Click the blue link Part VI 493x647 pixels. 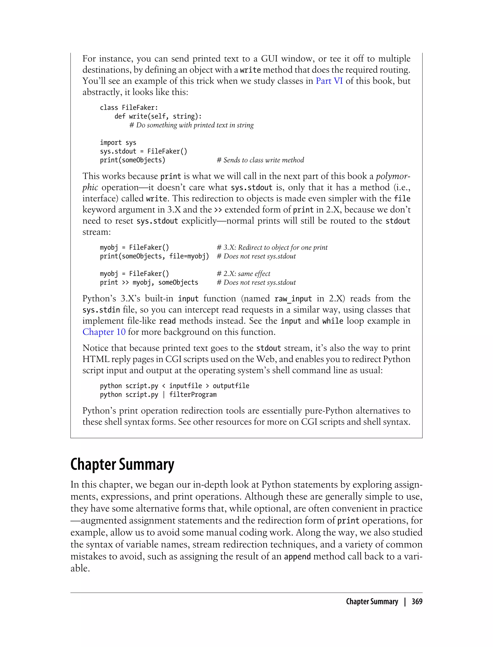point(329,81)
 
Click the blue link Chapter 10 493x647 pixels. point(104,332)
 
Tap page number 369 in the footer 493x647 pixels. point(417,602)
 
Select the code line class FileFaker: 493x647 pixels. point(129,108)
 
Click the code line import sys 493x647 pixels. point(118,142)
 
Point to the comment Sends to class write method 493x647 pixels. point(260,160)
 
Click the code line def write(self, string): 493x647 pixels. point(158,116)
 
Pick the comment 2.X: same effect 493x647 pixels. point(243,274)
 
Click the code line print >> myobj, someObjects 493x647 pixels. point(149,283)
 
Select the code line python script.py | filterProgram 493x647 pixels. point(158,395)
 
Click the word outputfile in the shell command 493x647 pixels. point(231,386)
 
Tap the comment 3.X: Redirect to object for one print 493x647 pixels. point(272,248)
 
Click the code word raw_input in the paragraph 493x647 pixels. point(293,299)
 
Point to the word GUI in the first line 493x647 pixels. point(269,59)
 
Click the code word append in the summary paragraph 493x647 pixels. point(297,557)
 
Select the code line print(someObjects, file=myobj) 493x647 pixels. point(154,256)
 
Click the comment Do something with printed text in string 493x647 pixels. point(191,125)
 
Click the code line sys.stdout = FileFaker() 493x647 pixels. point(143,151)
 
